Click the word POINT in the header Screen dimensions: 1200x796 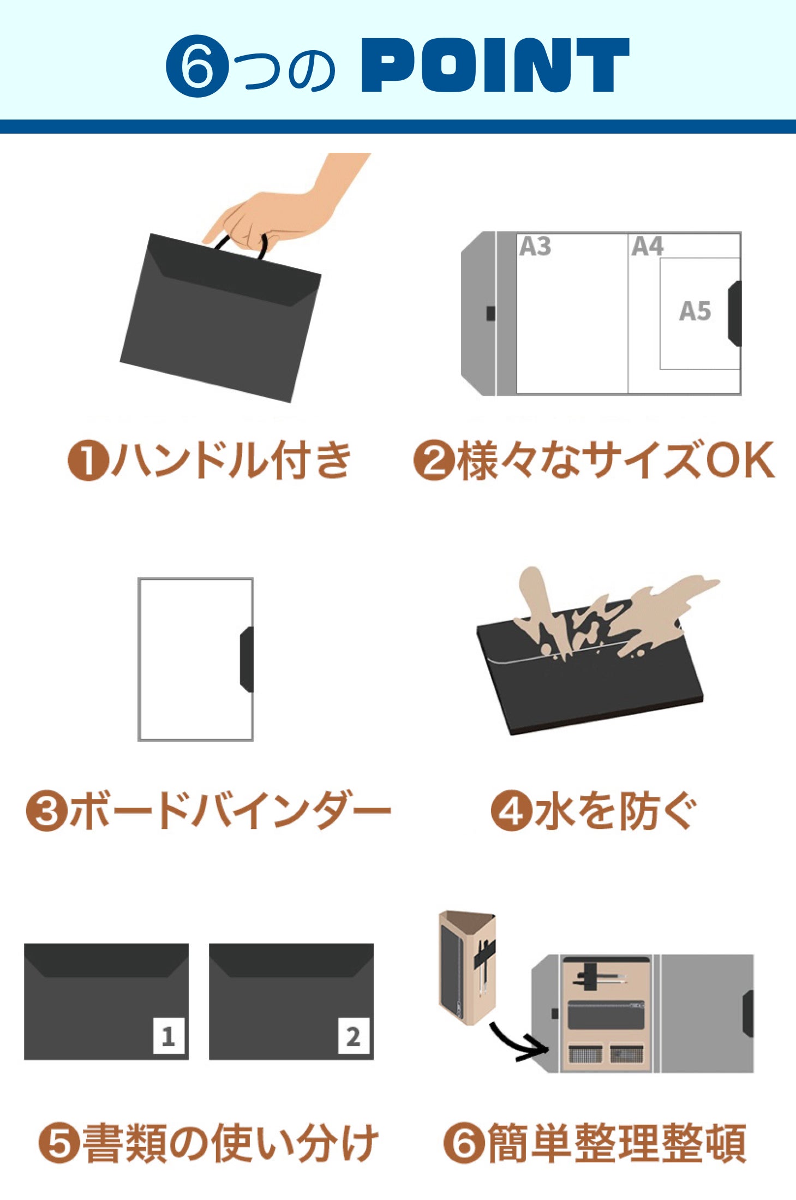[495, 65]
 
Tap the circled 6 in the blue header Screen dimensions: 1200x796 [196, 66]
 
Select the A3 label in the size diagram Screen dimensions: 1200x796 [535, 247]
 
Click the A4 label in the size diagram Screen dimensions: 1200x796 [647, 247]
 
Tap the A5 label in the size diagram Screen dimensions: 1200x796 [695, 311]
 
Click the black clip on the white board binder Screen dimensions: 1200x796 [247, 659]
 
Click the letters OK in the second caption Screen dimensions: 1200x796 [740, 461]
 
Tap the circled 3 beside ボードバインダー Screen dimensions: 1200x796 [46, 811]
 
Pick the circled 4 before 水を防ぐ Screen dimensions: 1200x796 [511, 811]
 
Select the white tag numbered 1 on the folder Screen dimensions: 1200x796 [168, 1036]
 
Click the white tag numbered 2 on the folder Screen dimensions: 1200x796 [353, 1036]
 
